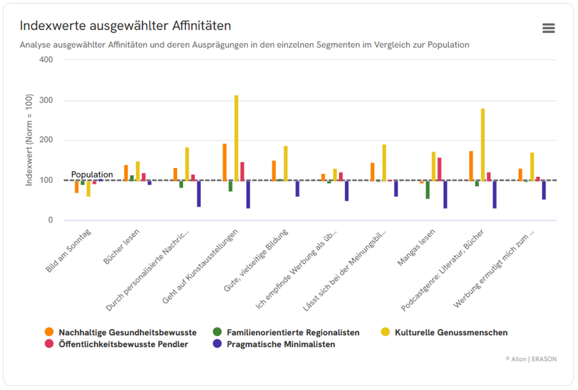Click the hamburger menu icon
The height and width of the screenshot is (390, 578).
(548, 28)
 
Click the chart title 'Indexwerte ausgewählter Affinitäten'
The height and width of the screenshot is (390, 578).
(125, 26)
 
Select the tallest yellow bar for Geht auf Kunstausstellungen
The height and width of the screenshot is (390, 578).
(236, 137)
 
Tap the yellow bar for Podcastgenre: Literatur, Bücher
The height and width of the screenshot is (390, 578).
(483, 144)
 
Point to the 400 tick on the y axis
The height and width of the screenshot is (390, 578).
(46, 60)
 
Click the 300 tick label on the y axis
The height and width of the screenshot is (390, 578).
(46, 101)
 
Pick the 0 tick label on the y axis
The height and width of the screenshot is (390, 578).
(50, 221)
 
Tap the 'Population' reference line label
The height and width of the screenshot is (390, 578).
(92, 174)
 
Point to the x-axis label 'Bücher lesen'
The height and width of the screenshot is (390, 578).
(122, 250)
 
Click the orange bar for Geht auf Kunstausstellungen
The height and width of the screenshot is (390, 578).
(224, 162)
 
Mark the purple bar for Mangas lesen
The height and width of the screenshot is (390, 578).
(445, 194)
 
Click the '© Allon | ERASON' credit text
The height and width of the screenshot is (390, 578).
(531, 359)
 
